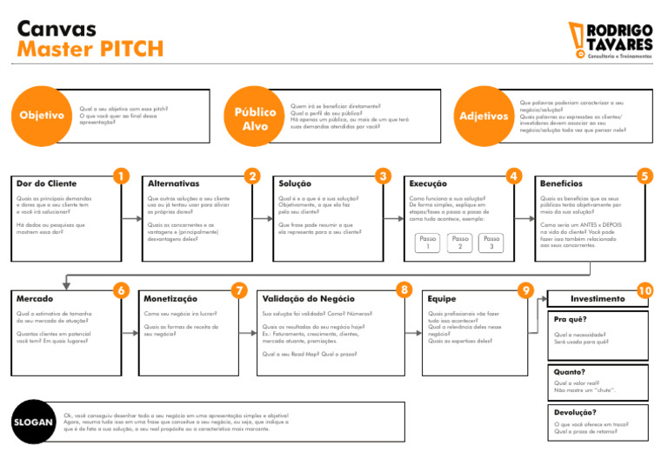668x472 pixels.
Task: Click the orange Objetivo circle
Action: (43, 115)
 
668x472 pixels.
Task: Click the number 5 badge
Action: (645, 176)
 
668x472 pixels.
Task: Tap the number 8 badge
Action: (404, 289)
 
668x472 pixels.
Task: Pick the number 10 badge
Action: (645, 290)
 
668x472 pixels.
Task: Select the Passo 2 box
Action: (459, 243)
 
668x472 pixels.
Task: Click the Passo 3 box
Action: (492, 243)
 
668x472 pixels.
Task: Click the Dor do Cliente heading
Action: (47, 184)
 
